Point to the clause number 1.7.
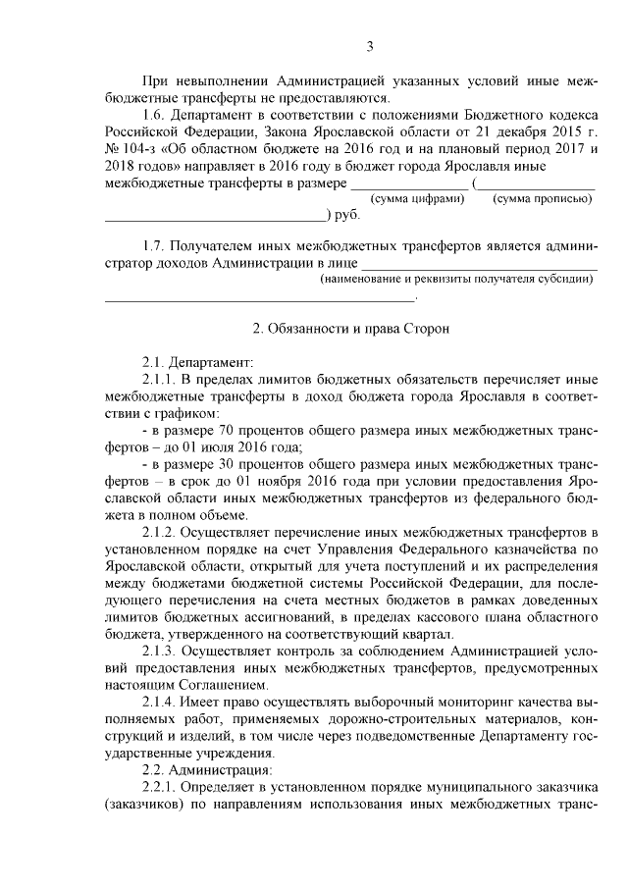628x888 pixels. tap(156, 245)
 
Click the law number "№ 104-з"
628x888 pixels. tap(128, 149)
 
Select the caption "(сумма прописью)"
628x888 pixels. tap(542, 199)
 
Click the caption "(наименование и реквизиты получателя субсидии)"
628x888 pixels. tap(458, 279)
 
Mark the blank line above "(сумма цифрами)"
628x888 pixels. tap(409, 184)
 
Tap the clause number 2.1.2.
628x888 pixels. tap(163, 533)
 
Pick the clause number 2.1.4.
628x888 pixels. tap(163, 702)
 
